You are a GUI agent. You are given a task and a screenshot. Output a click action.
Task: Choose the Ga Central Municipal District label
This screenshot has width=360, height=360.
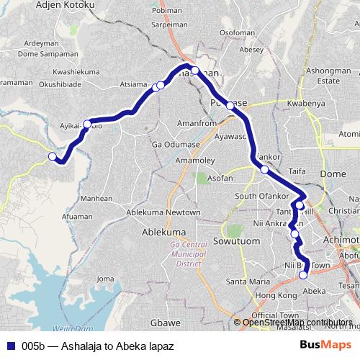pyautogui.click(x=187, y=253)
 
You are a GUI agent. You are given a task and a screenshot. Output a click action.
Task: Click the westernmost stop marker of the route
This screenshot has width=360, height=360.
pyautogui.click(x=52, y=156)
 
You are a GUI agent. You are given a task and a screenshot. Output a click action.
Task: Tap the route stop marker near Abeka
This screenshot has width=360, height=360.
pyautogui.click(x=303, y=274)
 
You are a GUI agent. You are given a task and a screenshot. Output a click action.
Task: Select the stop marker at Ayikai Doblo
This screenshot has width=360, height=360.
pyautogui.click(x=87, y=122)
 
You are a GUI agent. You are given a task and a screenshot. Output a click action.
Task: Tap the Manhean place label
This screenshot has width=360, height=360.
pyautogui.click(x=96, y=198)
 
